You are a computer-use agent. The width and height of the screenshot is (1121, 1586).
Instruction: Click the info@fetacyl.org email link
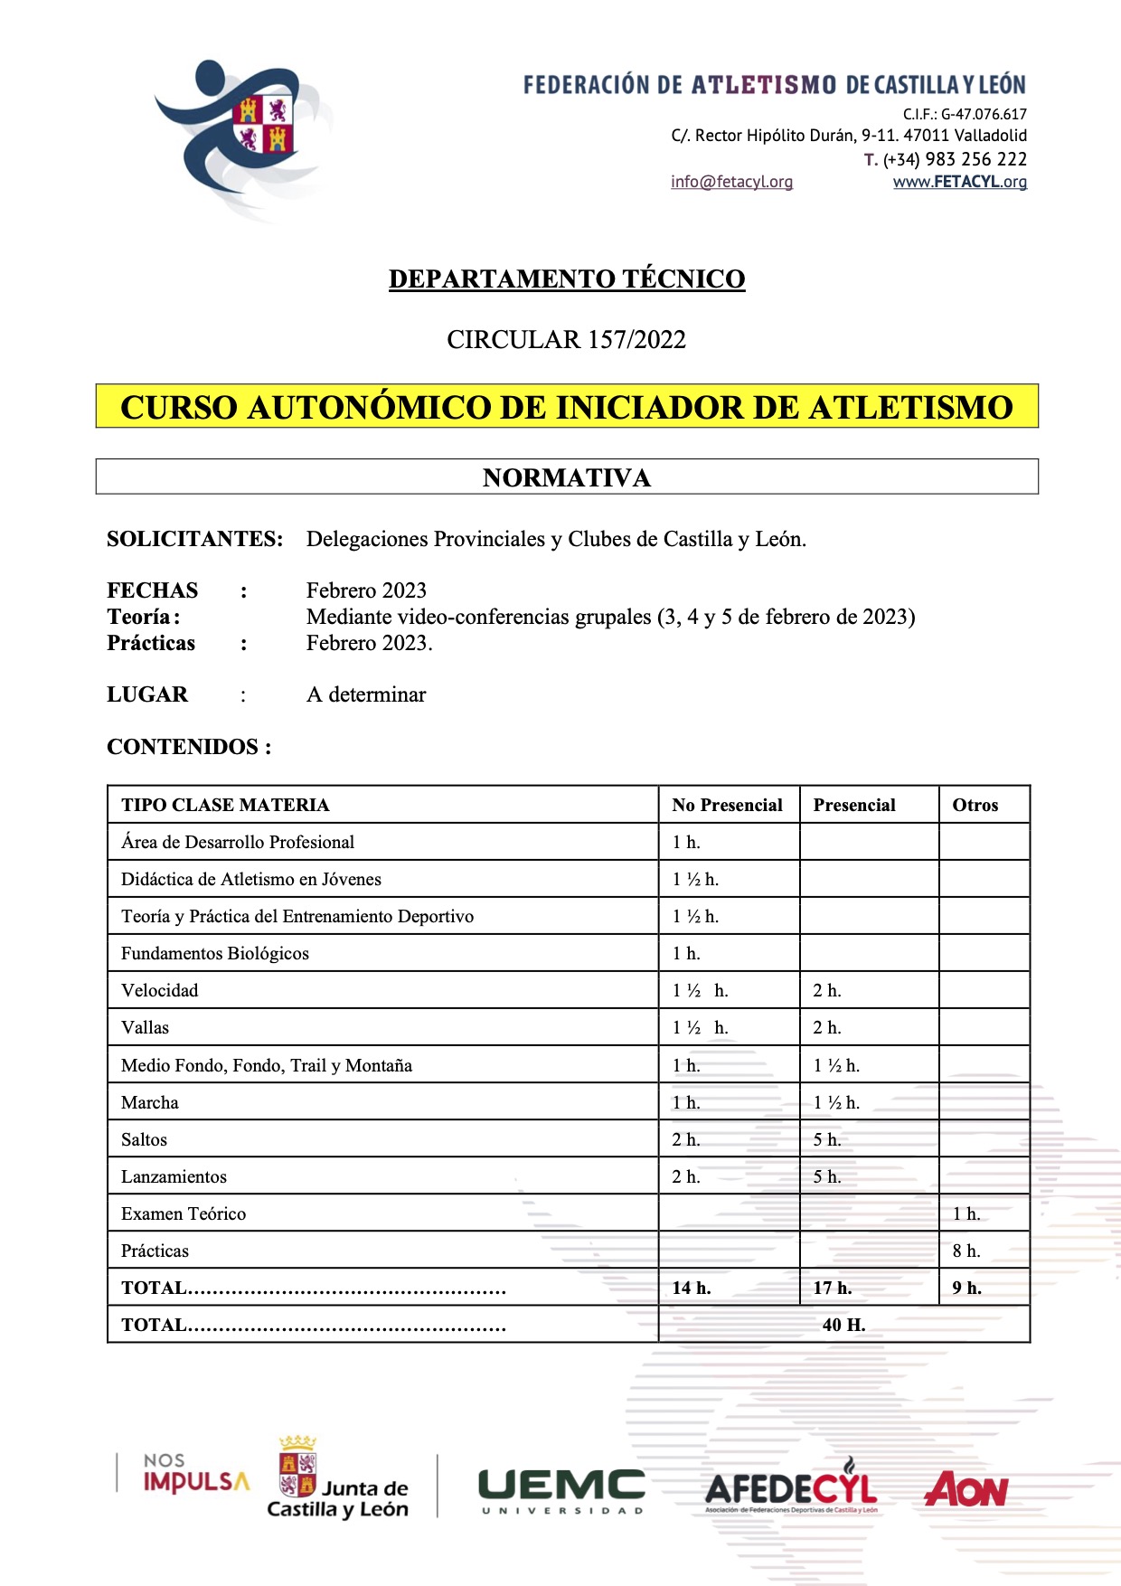click(731, 182)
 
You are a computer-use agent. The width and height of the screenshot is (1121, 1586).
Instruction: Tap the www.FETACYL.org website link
click(959, 182)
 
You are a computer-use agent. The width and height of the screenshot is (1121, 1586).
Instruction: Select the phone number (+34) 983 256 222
click(954, 159)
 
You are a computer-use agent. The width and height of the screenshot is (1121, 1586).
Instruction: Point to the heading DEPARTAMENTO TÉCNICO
click(567, 278)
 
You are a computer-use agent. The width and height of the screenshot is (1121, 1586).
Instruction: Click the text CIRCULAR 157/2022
click(567, 339)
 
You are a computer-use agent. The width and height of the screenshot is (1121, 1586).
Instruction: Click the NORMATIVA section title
click(567, 477)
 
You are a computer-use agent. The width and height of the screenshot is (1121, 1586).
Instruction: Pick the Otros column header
click(975, 805)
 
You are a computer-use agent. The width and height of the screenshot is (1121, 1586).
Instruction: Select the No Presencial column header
click(727, 805)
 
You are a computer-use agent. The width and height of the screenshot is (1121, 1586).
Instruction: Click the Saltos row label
click(145, 1139)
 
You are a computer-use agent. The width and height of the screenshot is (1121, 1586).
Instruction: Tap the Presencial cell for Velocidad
click(827, 990)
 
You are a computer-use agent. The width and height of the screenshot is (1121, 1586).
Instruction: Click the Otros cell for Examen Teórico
click(966, 1213)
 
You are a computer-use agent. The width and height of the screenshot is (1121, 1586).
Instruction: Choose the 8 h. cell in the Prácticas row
click(966, 1251)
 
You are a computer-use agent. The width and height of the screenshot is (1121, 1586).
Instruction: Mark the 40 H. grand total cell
click(843, 1325)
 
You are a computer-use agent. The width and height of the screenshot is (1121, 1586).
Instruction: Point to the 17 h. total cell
click(833, 1288)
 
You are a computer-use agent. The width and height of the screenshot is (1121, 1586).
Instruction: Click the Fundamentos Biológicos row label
click(215, 953)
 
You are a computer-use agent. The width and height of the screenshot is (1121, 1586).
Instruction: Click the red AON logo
click(966, 1489)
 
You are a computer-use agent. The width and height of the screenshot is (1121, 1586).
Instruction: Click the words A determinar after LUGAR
click(366, 694)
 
